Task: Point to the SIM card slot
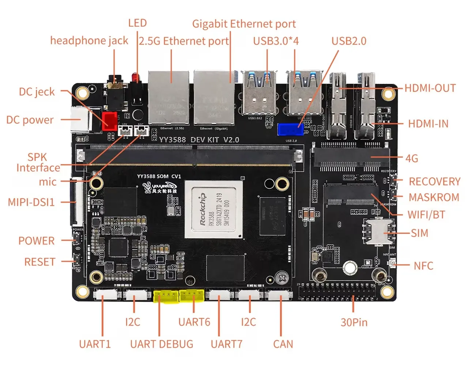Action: click(x=378, y=231)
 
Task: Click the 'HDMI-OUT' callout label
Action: click(x=430, y=88)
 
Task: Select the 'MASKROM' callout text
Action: click(x=434, y=197)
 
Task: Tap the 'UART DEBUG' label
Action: click(x=162, y=344)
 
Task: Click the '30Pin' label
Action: click(x=354, y=322)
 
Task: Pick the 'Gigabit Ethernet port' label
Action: click(x=244, y=24)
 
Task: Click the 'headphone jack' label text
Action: click(x=89, y=41)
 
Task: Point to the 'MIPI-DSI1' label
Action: click(x=31, y=202)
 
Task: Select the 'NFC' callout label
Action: click(x=423, y=266)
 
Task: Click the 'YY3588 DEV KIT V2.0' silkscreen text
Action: click(x=199, y=140)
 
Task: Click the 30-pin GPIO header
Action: click(x=337, y=292)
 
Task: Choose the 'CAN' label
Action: click(x=283, y=344)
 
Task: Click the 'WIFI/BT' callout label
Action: click(x=426, y=214)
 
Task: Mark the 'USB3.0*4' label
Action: click(x=276, y=41)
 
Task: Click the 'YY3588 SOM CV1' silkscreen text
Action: click(x=159, y=176)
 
